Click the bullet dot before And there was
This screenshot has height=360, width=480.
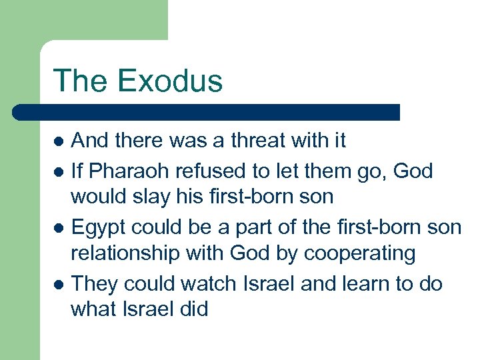click(x=59, y=142)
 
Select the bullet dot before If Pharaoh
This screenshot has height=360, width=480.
click(x=59, y=171)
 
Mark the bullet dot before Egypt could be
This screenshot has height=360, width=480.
click(x=59, y=228)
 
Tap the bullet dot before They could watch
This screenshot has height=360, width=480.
click(x=59, y=284)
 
